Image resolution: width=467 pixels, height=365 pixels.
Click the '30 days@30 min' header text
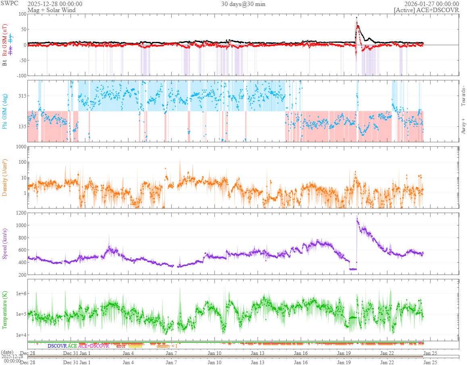pyautogui.click(x=243, y=4)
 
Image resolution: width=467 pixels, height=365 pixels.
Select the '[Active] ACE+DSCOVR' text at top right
pyautogui.click(x=426, y=10)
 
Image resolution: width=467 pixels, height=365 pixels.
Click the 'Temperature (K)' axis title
pyautogui.click(x=5, y=309)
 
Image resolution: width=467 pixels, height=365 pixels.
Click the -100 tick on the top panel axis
pyautogui.click(x=19, y=75)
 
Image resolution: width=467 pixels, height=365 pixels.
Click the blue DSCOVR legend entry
pyautogui.click(x=57, y=346)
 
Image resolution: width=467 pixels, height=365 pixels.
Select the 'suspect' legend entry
pyautogui.click(x=135, y=346)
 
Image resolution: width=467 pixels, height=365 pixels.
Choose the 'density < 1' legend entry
pyautogui.click(x=167, y=346)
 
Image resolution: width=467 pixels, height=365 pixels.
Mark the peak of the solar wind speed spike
pyautogui.click(x=357, y=219)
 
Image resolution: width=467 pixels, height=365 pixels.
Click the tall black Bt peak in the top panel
pyautogui.click(x=357, y=17)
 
